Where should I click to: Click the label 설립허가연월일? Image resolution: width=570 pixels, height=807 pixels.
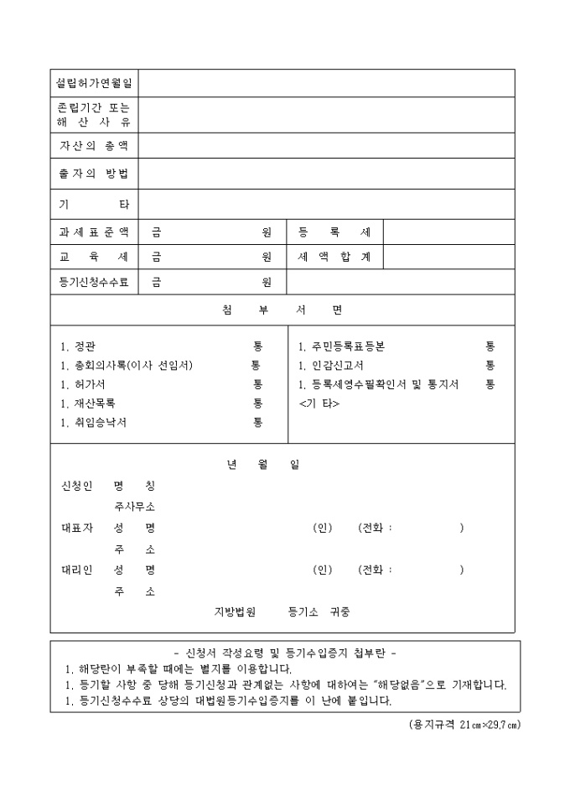coord(94,83)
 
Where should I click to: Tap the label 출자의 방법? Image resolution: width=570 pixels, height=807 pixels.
coord(94,174)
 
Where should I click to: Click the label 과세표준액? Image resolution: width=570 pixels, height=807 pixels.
coord(94,232)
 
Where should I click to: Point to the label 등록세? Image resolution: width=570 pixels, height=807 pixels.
coord(334,232)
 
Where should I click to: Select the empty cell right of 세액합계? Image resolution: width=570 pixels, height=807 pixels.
coord(448,257)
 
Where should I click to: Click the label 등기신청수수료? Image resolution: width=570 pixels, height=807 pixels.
coord(94,282)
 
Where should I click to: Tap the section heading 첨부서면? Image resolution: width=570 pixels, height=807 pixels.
coord(282,310)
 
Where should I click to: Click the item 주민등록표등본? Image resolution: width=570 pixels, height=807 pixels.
coord(341,346)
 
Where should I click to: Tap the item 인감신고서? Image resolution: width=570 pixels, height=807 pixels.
coord(331,366)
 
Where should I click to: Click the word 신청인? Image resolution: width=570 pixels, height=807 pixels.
coord(76,486)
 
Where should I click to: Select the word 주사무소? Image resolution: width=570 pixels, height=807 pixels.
coord(134,507)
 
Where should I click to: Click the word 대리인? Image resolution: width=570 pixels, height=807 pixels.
coord(76,570)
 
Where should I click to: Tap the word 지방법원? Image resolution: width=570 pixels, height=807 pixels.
coord(235,612)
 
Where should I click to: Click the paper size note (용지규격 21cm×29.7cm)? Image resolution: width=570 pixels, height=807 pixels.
coord(464,723)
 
